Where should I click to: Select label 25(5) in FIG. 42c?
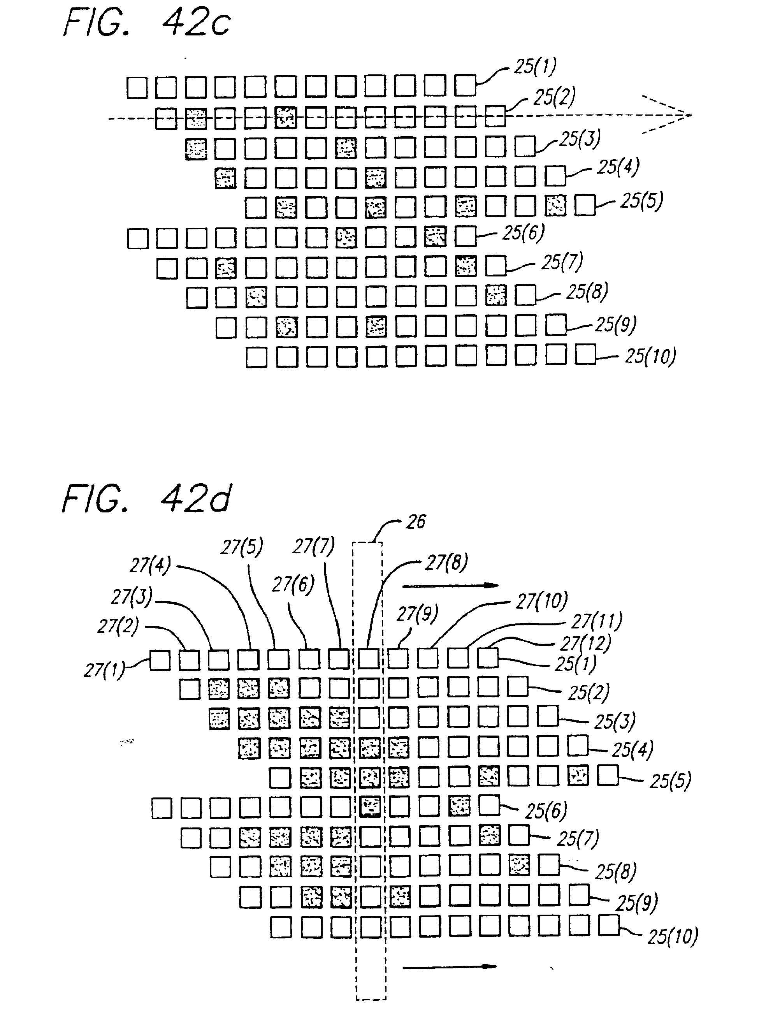(641, 201)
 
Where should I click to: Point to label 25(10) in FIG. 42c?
(650, 356)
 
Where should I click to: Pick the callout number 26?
(416, 521)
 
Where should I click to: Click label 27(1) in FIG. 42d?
(104, 670)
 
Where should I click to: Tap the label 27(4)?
(150, 565)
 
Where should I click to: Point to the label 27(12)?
(585, 643)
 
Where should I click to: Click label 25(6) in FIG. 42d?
(546, 811)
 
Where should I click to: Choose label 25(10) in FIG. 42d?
(672, 936)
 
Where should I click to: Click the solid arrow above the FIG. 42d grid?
(450, 585)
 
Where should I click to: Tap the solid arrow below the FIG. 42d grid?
(450, 967)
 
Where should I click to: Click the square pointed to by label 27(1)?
(160, 661)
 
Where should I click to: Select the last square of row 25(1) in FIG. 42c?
(466, 85)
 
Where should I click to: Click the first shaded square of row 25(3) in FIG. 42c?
(196, 149)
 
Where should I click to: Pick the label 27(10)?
(541, 601)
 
